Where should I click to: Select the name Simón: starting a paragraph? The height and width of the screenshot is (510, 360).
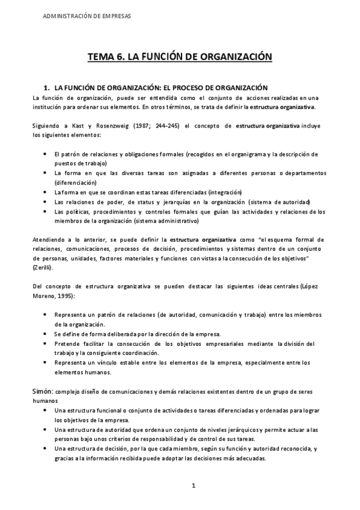point(44,391)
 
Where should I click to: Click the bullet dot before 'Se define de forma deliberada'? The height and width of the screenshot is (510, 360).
point(46,334)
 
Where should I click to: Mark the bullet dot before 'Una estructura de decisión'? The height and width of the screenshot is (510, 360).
point(46,449)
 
